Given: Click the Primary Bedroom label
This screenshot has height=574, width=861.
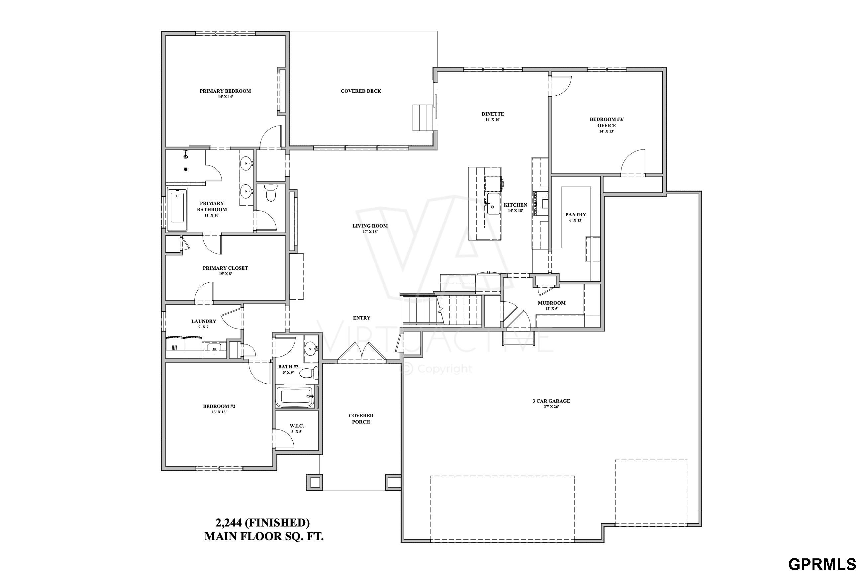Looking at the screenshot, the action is click(225, 91).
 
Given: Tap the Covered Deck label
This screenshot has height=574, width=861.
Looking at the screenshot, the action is click(361, 91).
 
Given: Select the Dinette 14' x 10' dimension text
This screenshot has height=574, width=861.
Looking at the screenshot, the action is click(493, 120).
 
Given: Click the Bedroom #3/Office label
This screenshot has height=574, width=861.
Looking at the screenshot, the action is click(607, 122).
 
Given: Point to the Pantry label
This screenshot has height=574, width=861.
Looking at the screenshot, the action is click(576, 215).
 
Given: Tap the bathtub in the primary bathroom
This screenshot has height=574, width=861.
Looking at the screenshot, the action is click(177, 209).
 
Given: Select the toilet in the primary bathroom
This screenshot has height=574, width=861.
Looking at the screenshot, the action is click(270, 193).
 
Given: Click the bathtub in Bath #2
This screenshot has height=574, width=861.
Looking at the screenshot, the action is click(295, 397).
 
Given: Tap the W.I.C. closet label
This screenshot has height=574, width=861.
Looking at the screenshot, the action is click(297, 426).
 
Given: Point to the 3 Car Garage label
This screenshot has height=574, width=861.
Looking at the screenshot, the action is click(551, 401).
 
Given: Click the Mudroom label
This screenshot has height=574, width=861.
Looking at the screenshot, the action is click(552, 303).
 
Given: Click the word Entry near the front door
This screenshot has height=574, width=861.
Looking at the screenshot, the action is click(362, 318).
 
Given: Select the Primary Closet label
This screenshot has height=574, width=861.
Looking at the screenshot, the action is click(226, 268).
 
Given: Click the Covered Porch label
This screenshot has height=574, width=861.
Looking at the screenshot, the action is click(361, 419).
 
